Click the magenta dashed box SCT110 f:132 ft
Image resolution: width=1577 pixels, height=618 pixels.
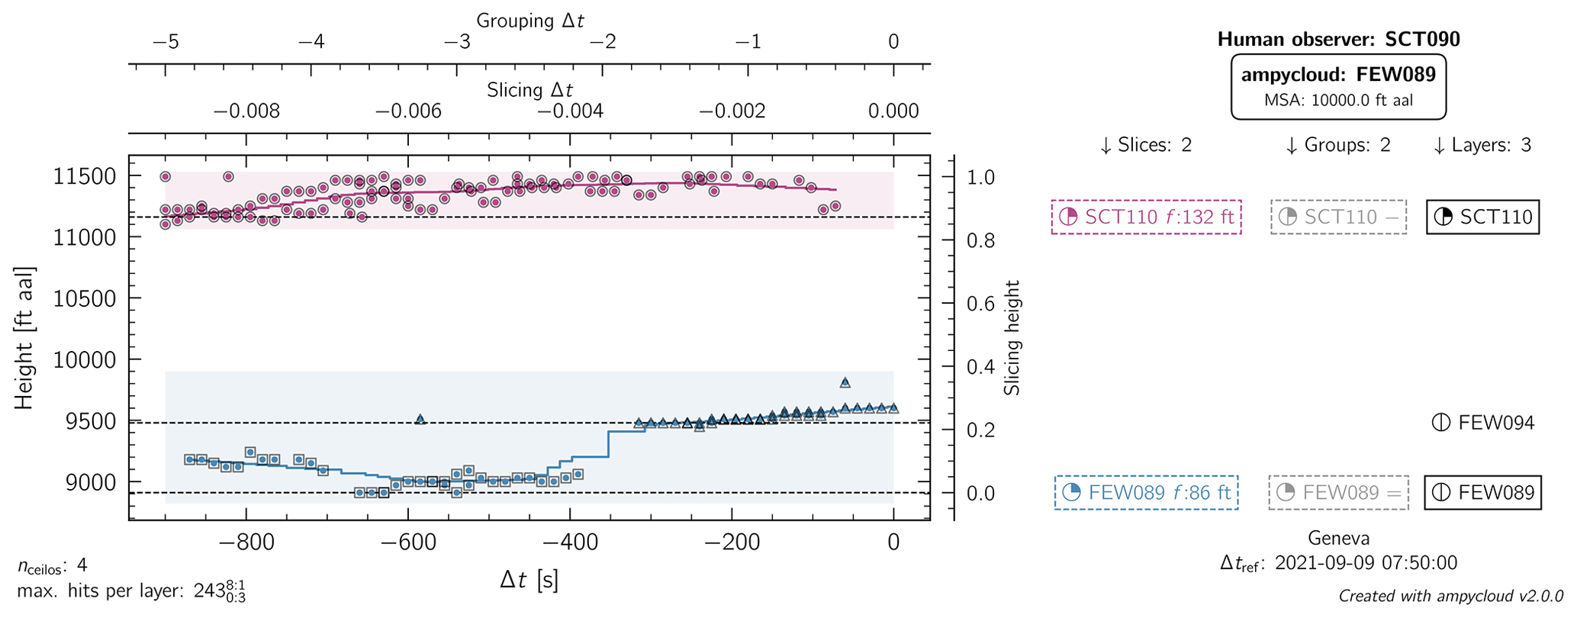pos(1146,217)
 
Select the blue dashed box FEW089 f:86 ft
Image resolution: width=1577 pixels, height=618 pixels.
pos(1146,493)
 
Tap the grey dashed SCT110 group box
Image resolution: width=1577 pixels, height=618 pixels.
pos(1338,217)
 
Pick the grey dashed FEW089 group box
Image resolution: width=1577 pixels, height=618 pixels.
pos(1338,493)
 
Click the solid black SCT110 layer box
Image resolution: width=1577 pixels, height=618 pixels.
pos(1482,217)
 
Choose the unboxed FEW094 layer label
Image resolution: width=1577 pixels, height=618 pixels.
pos(1483,423)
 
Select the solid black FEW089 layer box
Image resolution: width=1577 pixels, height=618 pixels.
pos(1482,493)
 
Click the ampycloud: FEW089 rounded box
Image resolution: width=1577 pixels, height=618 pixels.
pos(1338,85)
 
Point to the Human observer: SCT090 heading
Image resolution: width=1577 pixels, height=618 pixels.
pos(1338,40)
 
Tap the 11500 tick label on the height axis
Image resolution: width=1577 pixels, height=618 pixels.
pos(85,177)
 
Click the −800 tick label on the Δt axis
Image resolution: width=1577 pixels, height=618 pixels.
pos(246,542)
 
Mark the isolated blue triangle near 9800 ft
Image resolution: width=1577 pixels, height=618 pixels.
pos(845,383)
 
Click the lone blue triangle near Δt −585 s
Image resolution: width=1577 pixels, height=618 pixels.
pos(420,420)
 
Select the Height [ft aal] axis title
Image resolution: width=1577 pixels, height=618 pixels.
pos(24,338)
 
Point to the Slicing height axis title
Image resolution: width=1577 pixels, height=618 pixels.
pos(1012,338)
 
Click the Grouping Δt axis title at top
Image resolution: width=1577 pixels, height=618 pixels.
pos(529,21)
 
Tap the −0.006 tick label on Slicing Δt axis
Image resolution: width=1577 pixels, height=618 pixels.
pos(408,111)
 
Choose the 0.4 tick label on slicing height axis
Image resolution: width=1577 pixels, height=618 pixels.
pos(980,367)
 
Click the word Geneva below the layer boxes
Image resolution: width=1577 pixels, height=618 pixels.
pos(1338,538)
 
